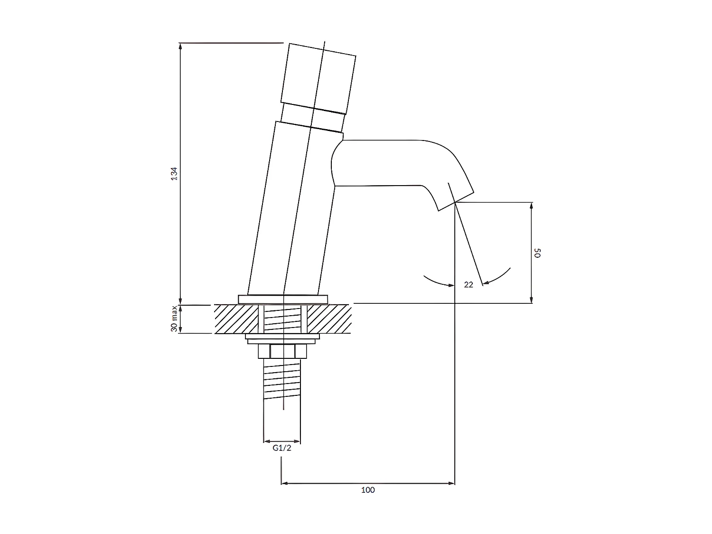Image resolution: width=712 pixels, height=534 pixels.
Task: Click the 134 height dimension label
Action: pos(175,174)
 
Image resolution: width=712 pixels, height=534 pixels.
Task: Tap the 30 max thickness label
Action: pos(174,319)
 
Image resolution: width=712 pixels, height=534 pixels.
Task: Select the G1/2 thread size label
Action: pos(282,448)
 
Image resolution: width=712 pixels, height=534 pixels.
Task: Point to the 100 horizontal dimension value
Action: pos(368,490)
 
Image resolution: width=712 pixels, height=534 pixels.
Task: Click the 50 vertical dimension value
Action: pos(537,253)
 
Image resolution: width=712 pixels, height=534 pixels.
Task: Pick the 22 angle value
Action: pos(468,285)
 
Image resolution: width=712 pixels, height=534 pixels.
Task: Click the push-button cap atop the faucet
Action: pos(318,78)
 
